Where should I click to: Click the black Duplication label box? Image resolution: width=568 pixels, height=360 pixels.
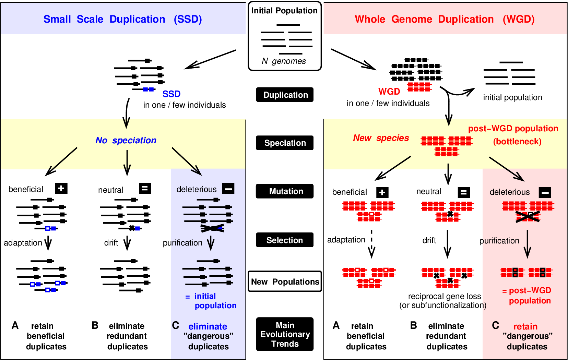click(x=285, y=95)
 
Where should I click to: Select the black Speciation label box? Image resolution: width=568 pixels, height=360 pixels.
click(x=285, y=143)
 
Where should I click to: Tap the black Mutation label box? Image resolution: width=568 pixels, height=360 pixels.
click(x=285, y=191)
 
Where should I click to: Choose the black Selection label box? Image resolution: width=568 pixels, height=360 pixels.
click(x=285, y=240)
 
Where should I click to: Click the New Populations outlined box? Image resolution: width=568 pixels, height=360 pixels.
click(x=285, y=281)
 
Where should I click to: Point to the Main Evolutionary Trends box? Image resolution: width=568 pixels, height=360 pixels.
click(x=285, y=334)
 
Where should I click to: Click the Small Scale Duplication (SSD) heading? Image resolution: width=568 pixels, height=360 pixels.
click(x=122, y=19)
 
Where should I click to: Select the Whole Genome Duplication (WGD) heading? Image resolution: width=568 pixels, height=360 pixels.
click(x=445, y=19)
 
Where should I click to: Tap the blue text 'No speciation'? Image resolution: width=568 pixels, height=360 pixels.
click(x=126, y=140)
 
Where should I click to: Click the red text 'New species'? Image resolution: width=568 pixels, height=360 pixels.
click(x=381, y=138)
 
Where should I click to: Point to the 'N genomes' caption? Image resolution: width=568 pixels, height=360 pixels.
click(x=284, y=61)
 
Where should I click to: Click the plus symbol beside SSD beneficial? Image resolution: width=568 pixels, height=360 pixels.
click(x=61, y=188)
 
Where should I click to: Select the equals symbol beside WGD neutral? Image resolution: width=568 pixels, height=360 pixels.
click(x=463, y=192)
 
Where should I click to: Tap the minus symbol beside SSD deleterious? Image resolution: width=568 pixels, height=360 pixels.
click(x=228, y=188)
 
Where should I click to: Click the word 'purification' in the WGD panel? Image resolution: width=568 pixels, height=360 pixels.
click(x=499, y=241)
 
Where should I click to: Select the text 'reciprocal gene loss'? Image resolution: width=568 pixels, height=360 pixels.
click(x=444, y=296)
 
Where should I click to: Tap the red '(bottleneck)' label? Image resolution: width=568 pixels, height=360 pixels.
click(x=517, y=142)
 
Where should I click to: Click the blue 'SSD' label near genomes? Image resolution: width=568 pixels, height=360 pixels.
click(x=171, y=94)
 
